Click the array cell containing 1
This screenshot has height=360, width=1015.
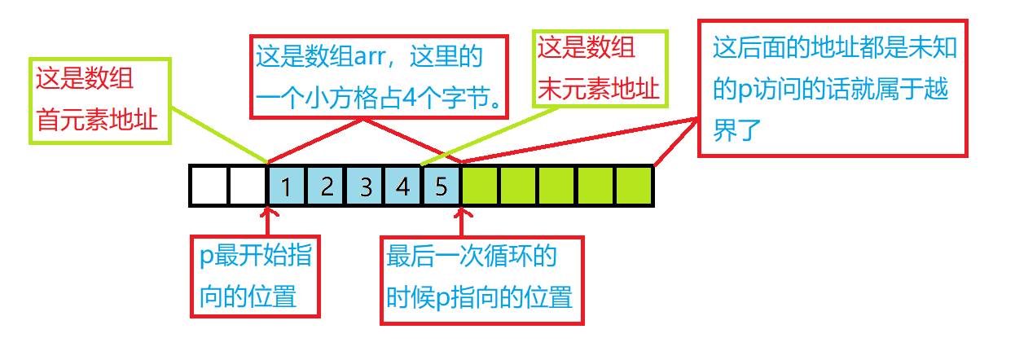click(x=287, y=186)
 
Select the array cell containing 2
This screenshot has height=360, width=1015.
click(x=326, y=186)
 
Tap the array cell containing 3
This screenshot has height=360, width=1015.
click(x=365, y=186)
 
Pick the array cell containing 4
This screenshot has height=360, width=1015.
click(x=403, y=186)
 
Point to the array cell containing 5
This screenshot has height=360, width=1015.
click(x=442, y=186)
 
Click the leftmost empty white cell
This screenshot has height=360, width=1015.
click(x=209, y=186)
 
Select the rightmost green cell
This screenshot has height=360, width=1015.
click(x=635, y=186)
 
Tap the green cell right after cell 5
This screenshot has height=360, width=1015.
click(x=481, y=186)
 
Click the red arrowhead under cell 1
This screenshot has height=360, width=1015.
click(x=268, y=213)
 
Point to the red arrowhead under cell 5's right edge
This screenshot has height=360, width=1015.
click(x=462, y=213)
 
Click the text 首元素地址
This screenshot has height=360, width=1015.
click(x=96, y=119)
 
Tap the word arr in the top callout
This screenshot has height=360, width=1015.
click(x=370, y=57)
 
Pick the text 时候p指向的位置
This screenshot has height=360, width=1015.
click(x=479, y=297)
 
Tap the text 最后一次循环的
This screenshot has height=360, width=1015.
click(x=472, y=257)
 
